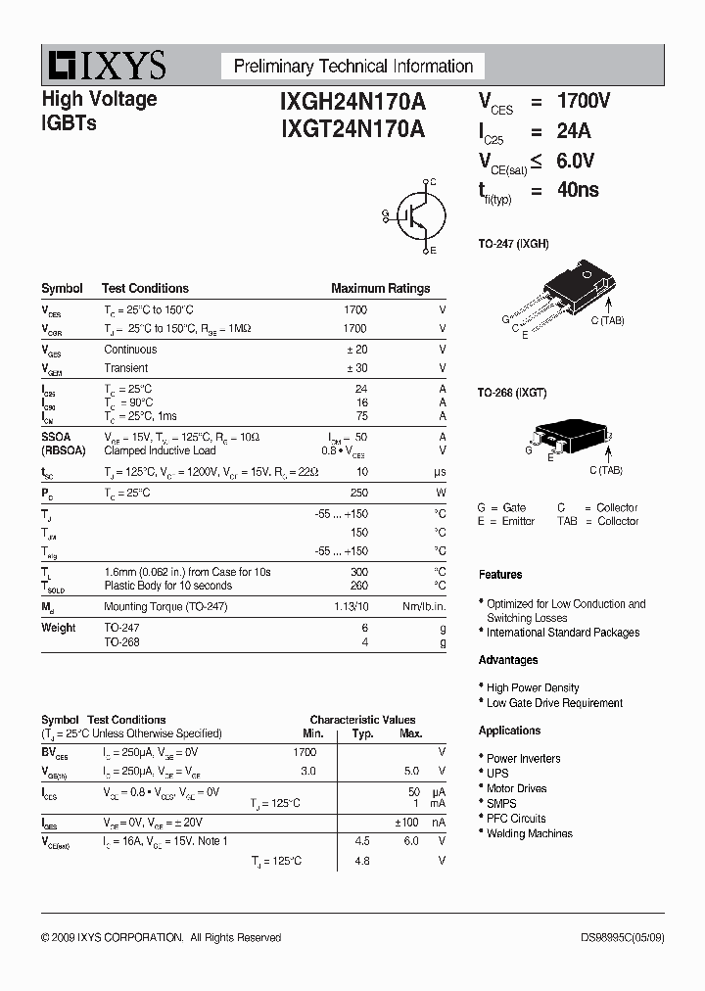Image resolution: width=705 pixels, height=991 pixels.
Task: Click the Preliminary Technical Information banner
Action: pos(352,67)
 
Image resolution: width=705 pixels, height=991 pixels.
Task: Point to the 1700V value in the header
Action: pos(584,101)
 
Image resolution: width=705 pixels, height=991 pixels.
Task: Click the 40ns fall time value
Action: pos(578,190)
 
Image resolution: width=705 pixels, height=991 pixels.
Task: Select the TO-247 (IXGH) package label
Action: pos(513,243)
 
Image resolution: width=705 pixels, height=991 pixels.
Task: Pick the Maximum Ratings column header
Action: pos(380,289)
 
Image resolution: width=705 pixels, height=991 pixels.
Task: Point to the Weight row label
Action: pos(58,628)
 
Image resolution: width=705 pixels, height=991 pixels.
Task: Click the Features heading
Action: pos(500,575)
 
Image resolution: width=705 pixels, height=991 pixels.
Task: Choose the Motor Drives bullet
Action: pos(516,788)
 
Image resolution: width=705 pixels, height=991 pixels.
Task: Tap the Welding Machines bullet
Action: pos(529,833)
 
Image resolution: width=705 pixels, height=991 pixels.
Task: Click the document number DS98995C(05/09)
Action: pos(622,937)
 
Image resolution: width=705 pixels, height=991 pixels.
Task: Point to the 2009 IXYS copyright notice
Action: pos(162,937)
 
